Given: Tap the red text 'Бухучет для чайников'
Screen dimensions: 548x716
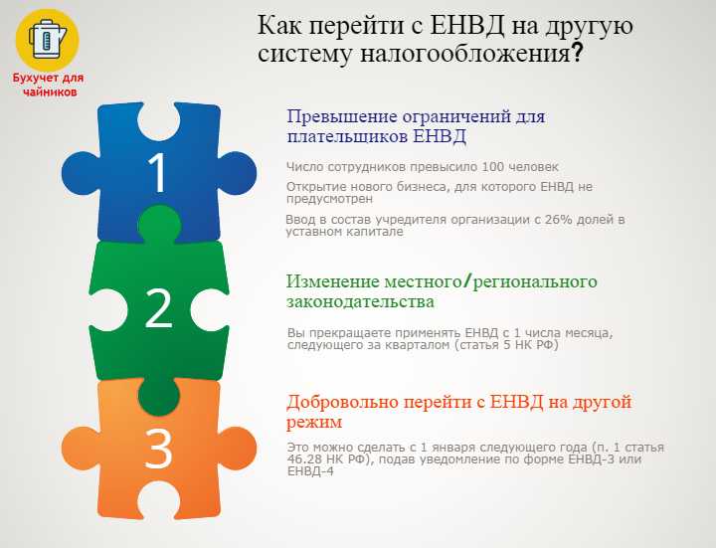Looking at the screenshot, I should pyautogui.click(x=48, y=85).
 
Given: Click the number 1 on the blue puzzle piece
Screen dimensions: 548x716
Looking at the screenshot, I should pyautogui.click(x=158, y=173).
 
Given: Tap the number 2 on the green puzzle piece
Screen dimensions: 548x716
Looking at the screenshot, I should pyautogui.click(x=159, y=309).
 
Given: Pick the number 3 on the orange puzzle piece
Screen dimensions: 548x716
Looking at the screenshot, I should pyautogui.click(x=159, y=450).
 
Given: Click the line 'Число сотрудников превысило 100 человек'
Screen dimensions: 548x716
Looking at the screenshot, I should pyautogui.click(x=423, y=166).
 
